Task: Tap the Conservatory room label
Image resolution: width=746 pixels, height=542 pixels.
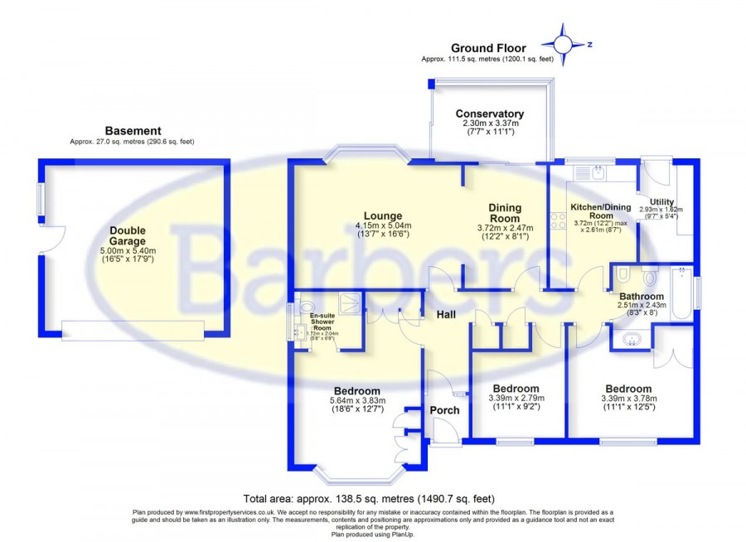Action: coord(489,114)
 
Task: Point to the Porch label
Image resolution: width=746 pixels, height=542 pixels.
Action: coord(444,410)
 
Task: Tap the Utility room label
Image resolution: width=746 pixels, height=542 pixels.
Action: coord(662,201)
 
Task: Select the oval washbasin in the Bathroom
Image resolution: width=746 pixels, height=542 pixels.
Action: coord(631,338)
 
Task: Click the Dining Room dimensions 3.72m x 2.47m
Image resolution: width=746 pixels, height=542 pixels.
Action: coord(504,229)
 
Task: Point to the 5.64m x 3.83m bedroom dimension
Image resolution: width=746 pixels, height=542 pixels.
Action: coord(356,404)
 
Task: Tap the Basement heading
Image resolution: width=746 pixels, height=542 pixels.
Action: coord(133,131)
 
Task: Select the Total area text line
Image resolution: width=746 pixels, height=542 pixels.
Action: coord(369,499)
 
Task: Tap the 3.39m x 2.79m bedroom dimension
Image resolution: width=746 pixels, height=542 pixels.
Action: coord(516,399)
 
